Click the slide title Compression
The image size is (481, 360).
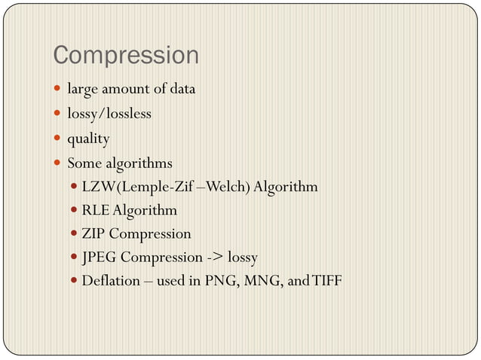click(126, 56)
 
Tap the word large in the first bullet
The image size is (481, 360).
click(81, 89)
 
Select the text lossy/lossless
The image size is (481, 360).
click(109, 114)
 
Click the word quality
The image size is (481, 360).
click(88, 139)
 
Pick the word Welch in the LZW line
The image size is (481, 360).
click(228, 186)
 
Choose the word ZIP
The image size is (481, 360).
click(93, 233)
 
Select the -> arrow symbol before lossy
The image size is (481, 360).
click(216, 258)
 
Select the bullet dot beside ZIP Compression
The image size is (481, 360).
click(72, 234)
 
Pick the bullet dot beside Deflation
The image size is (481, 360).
click(72, 282)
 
